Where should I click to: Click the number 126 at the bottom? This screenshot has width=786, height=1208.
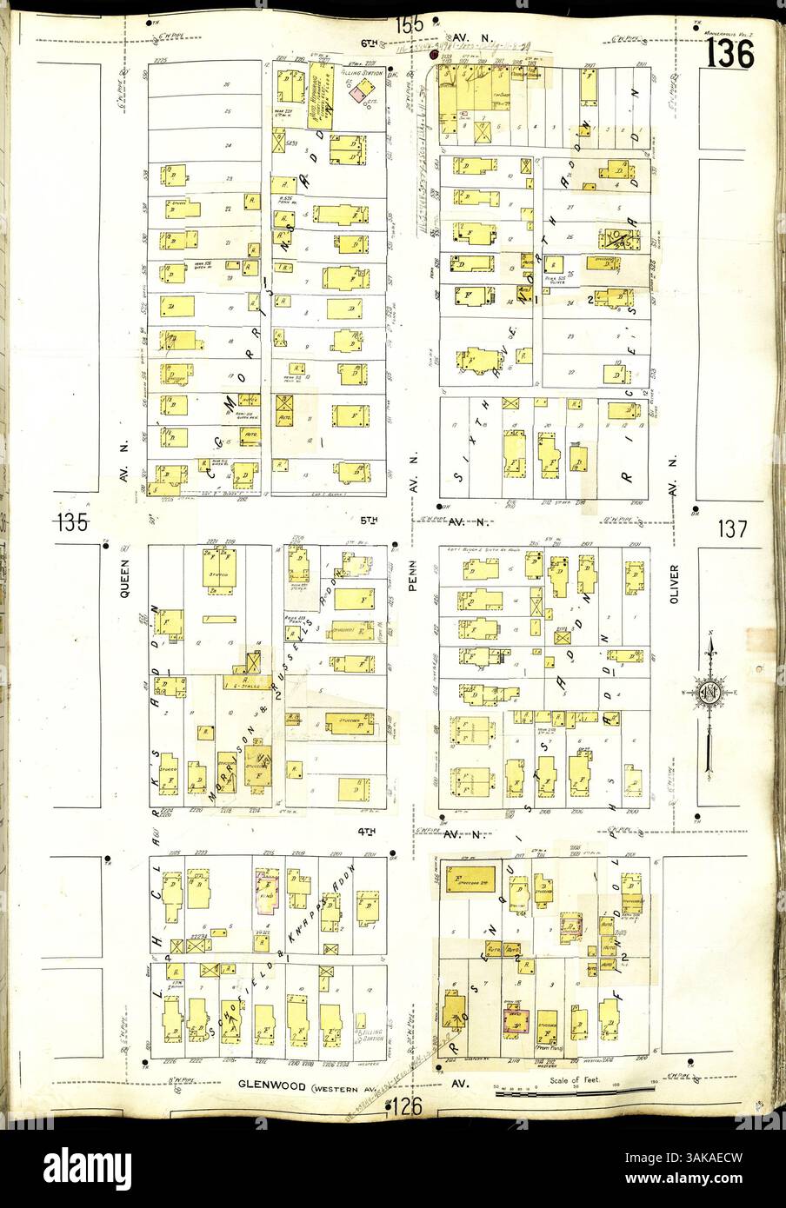tap(406, 1106)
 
